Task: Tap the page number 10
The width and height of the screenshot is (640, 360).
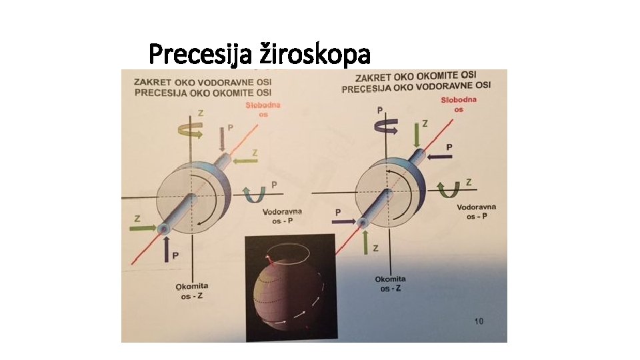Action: pos(479,321)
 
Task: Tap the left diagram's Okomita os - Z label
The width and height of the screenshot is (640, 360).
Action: pos(193,291)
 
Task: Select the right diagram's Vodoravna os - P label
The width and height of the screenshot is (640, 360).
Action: pos(476,211)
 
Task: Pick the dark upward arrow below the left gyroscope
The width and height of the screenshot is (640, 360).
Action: pos(167,247)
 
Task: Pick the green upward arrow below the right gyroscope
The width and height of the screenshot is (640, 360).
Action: pos(365,242)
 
